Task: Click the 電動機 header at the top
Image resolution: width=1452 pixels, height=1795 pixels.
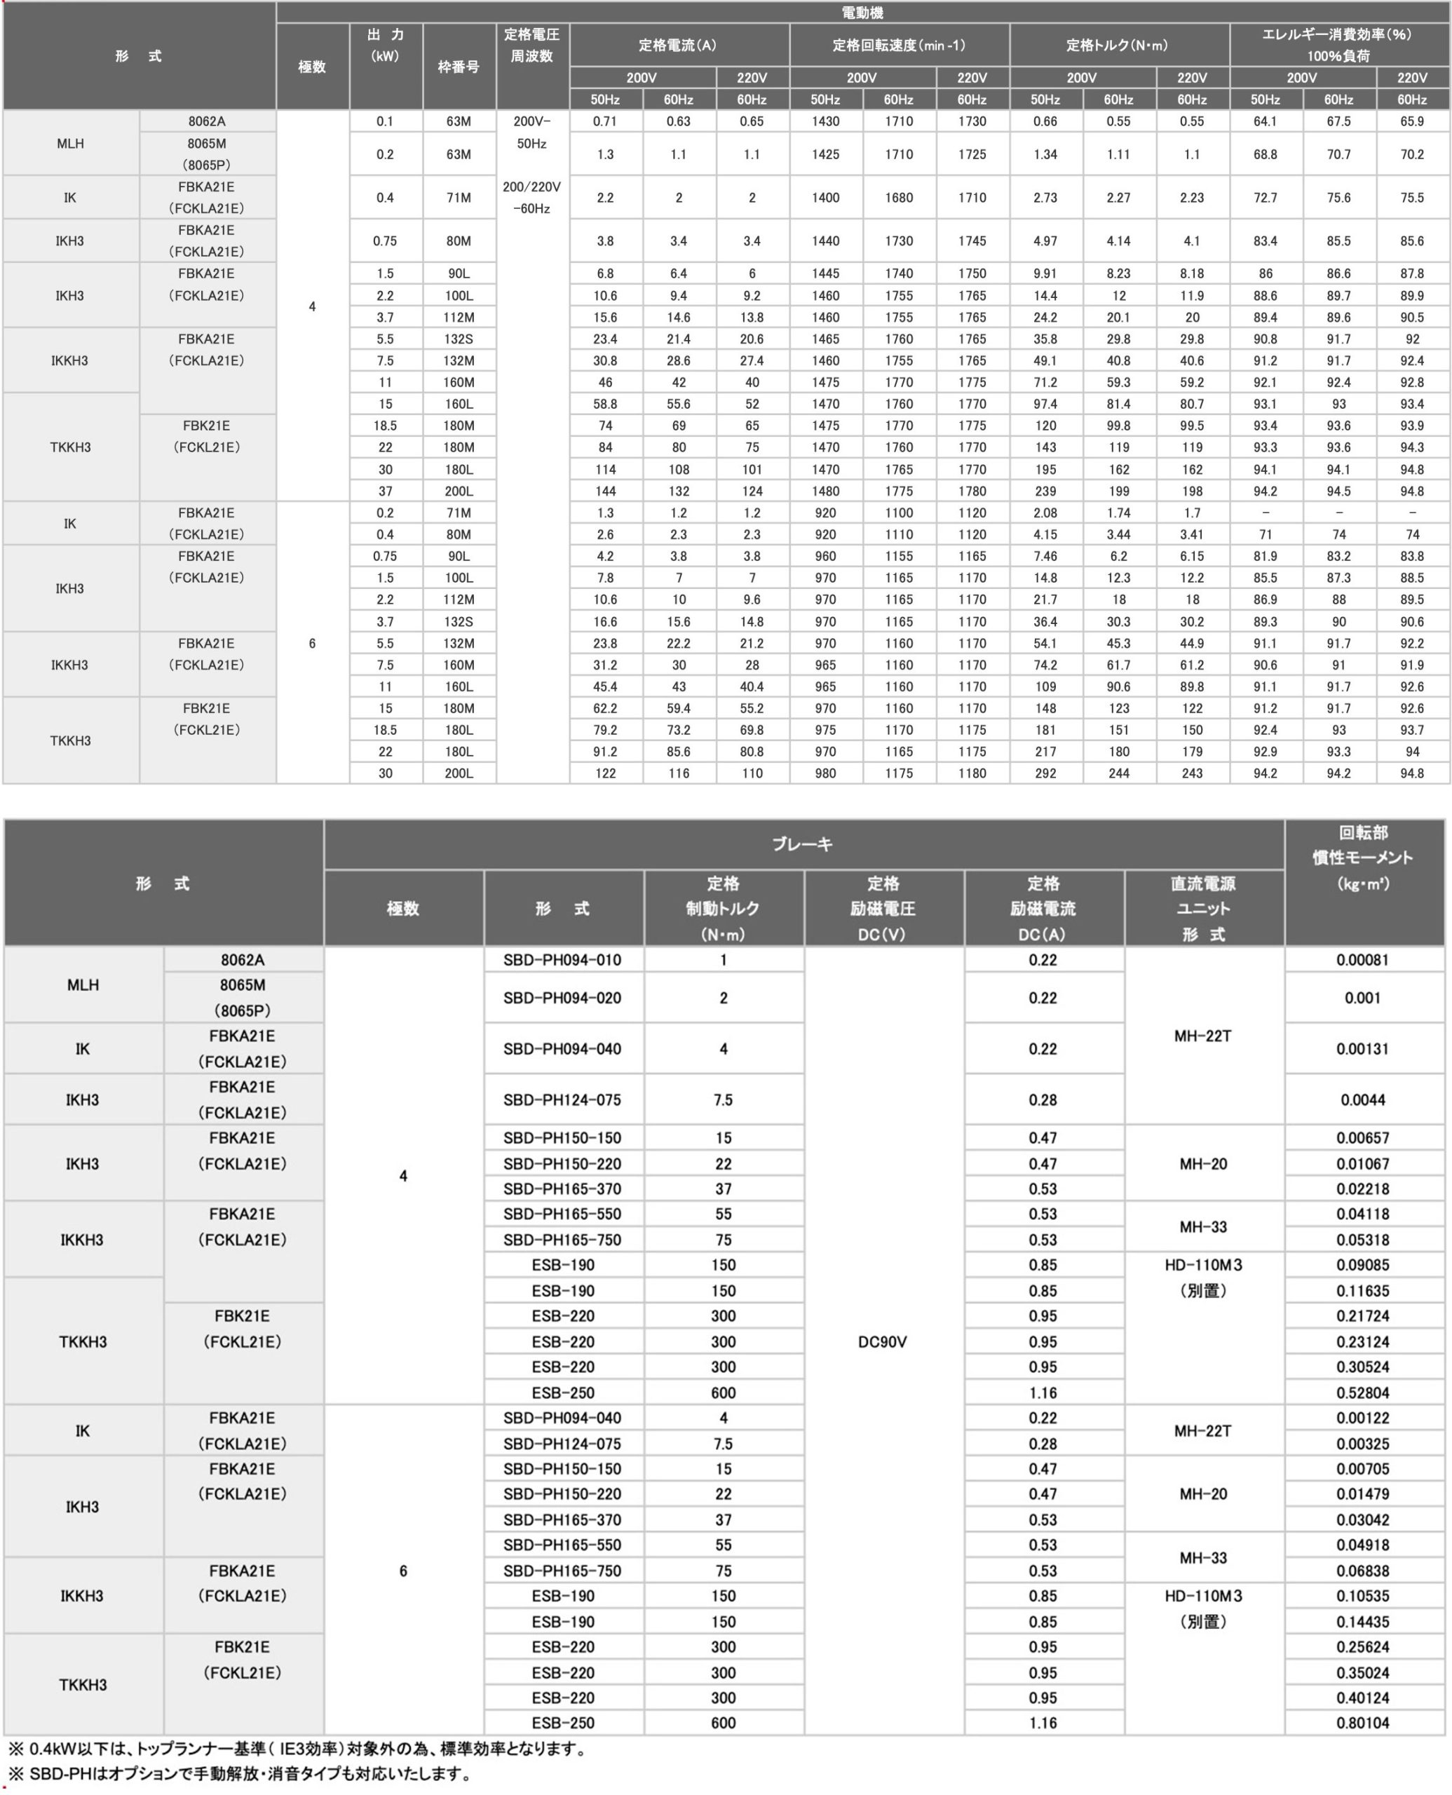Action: tap(862, 13)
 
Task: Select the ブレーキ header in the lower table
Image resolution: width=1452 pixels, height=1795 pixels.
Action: tap(802, 844)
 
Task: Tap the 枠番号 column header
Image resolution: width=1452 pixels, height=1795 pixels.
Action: tap(459, 67)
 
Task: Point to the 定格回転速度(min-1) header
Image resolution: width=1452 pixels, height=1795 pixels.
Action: tap(898, 45)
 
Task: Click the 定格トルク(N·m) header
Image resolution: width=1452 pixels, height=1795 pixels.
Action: tap(1118, 45)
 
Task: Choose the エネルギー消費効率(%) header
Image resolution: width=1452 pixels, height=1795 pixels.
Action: tap(1338, 45)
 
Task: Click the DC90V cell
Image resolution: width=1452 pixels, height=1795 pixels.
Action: tap(883, 1341)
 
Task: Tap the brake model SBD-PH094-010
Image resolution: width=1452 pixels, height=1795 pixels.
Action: tap(562, 959)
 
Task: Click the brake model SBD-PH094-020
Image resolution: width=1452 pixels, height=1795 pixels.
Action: tap(562, 998)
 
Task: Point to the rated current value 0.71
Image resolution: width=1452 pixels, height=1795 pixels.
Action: tap(605, 121)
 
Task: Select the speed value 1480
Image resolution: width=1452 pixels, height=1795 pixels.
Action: tap(825, 491)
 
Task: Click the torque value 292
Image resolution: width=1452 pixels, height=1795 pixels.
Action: tap(1045, 773)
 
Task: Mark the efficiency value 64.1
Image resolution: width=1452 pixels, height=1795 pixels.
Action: tap(1265, 121)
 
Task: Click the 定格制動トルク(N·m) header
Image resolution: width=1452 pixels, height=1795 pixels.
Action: tap(723, 909)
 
